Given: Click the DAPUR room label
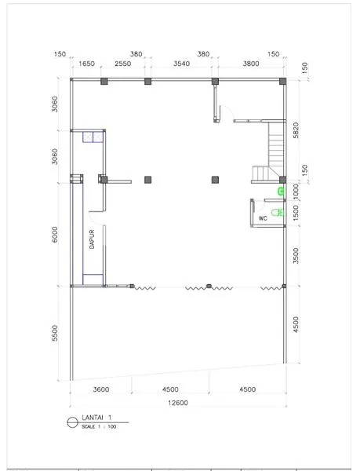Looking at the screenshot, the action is coord(92,239).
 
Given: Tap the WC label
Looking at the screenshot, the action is coord(263,218).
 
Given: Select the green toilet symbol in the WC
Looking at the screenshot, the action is coord(278,213).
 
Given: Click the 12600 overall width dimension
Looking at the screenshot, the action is coord(178,403).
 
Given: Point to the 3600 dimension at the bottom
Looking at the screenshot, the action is coord(101,389).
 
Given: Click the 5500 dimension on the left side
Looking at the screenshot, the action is coord(55,333).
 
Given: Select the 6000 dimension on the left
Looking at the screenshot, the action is coord(55,235).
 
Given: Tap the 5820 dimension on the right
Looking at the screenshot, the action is coord(296,130).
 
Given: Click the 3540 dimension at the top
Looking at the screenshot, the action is coord(181,64).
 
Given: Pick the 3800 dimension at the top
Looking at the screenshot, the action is coord(251,64).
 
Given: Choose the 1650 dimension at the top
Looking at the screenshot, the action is coord(86,64).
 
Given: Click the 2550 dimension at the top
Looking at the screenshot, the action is coord(123,64).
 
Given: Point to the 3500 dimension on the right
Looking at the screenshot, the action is coord(296,256).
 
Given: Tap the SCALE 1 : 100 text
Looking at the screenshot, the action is coord(99,426).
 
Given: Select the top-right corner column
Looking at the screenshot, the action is coord(282,81).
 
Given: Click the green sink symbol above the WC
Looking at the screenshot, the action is coord(281,192).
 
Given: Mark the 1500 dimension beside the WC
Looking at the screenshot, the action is coord(296,213).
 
